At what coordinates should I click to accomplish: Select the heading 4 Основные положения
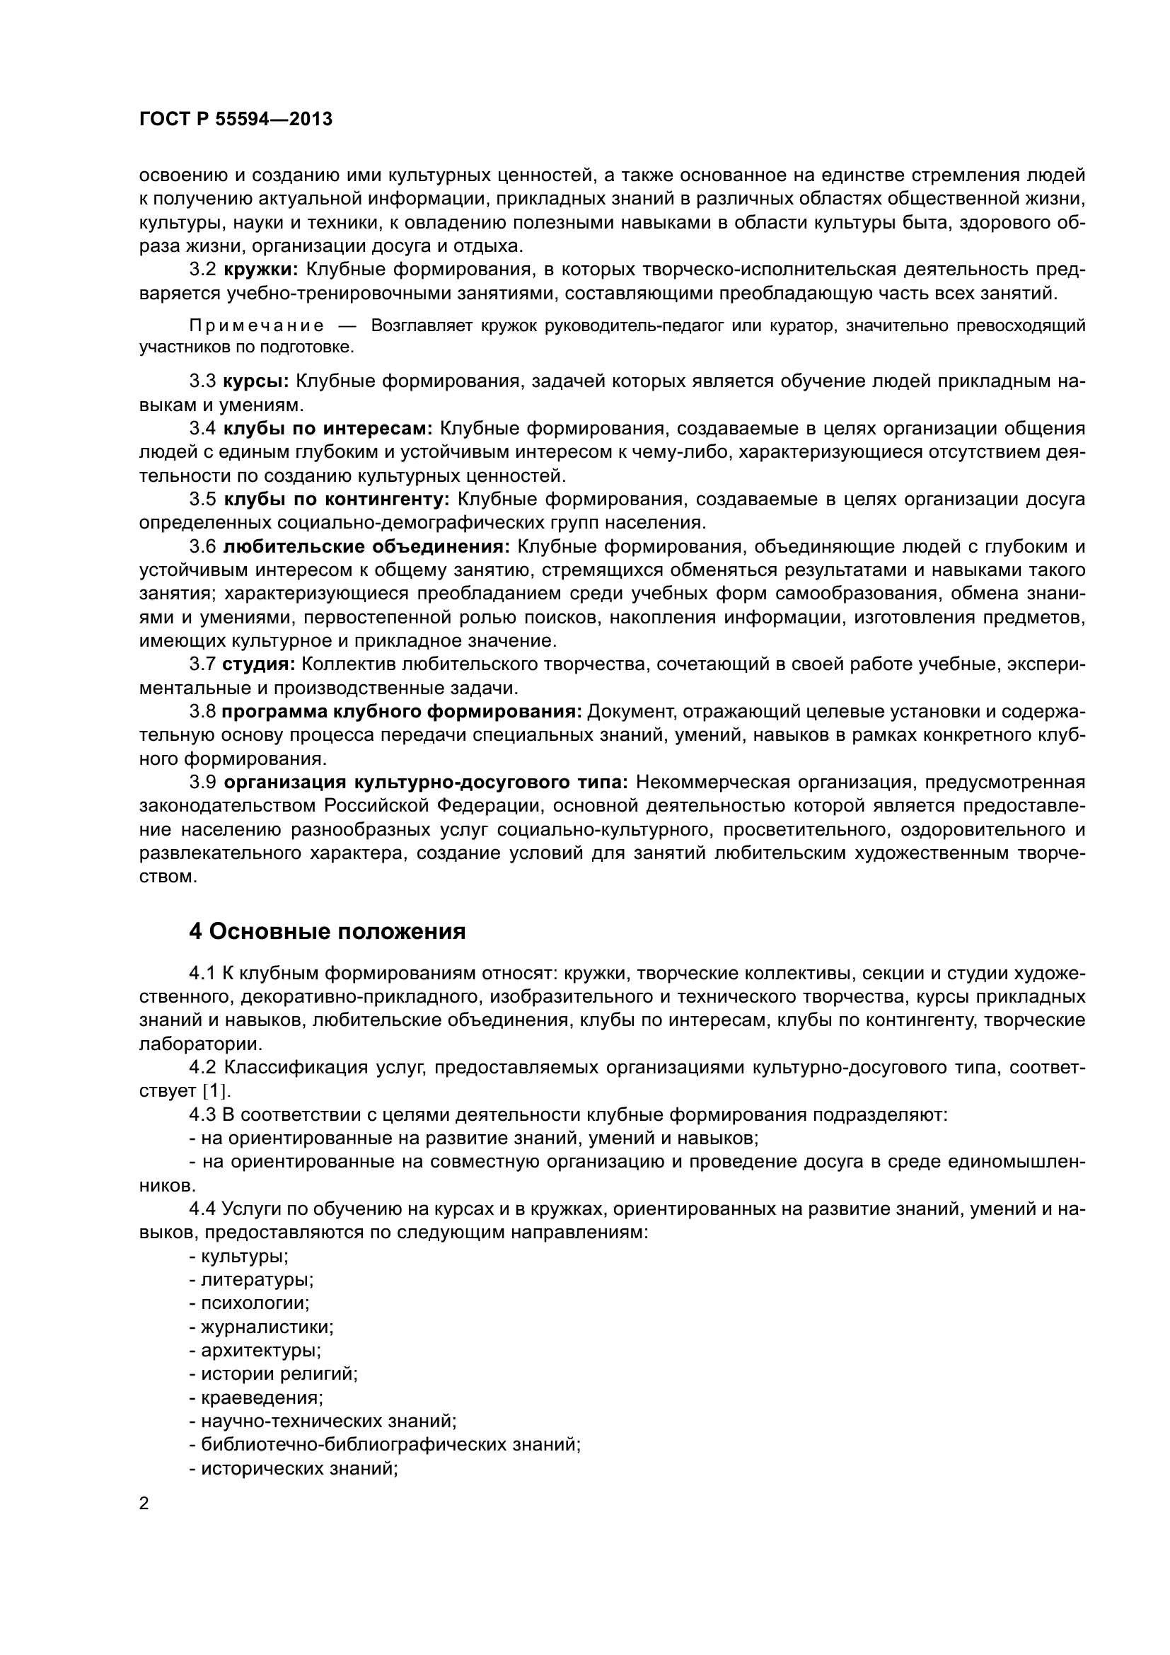(327, 931)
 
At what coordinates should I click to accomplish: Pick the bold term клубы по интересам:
(328, 428)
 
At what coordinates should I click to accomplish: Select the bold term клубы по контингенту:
(337, 499)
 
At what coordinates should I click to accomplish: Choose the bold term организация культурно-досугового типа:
(426, 782)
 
